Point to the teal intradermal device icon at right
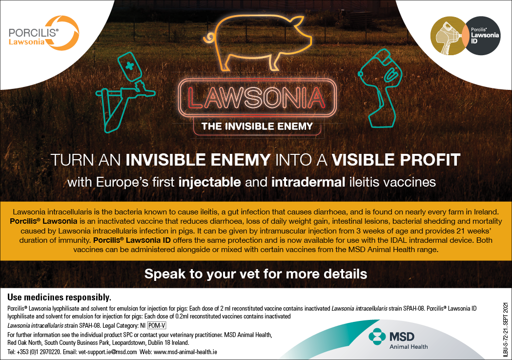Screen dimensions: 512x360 pyautogui.click(x=380, y=88)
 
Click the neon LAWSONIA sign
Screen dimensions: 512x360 pyautogui.click(x=257, y=98)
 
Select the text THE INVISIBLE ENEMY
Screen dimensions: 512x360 pyautogui.click(x=257, y=126)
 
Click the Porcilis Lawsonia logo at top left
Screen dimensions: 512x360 pyautogui.click(x=44, y=33)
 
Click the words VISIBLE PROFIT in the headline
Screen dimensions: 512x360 pyautogui.click(x=396, y=160)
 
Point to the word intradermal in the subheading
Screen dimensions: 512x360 pyautogui.click(x=308, y=182)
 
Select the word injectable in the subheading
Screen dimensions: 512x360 pyautogui.click(x=210, y=182)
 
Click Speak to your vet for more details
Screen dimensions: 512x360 pyautogui.click(x=256, y=274)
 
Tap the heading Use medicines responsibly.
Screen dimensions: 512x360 pyautogui.click(x=59, y=297)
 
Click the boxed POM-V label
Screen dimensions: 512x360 pyautogui.click(x=157, y=325)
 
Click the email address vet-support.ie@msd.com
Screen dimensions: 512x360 pyautogui.click(x=108, y=352)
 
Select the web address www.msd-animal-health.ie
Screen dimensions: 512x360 pyautogui.click(x=185, y=352)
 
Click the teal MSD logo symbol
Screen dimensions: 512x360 pyautogui.click(x=377, y=337)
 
